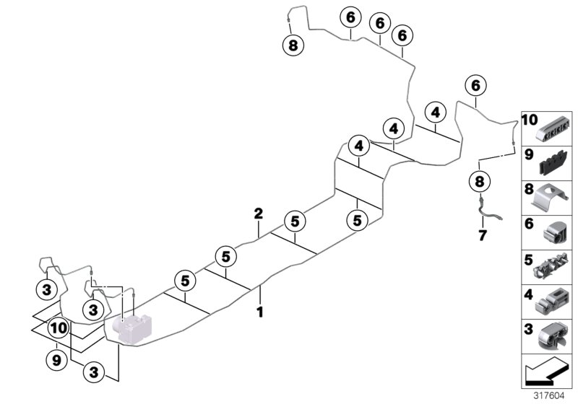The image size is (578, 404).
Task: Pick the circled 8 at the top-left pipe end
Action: tap(293, 46)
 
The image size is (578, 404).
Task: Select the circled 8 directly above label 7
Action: tap(478, 180)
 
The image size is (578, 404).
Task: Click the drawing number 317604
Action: tap(548, 395)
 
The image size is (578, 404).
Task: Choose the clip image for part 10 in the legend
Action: tap(554, 128)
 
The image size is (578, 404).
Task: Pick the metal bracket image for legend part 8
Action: tap(554, 198)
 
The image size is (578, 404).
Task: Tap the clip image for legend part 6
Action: tap(554, 232)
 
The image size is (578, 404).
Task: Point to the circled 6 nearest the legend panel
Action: tap(475, 85)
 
